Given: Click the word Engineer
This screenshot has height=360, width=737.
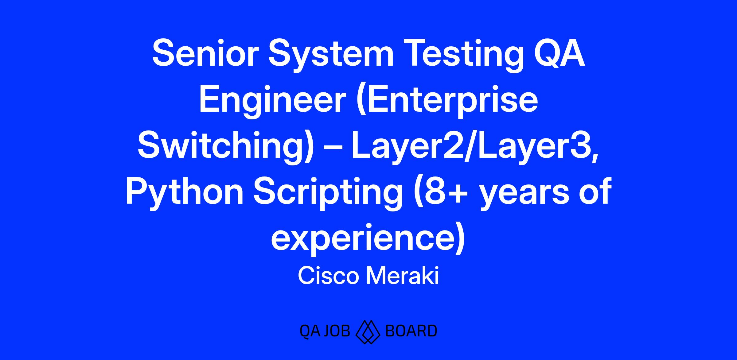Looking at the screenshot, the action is click(x=273, y=103).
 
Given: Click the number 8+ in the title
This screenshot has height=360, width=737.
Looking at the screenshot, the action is click(x=441, y=195).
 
